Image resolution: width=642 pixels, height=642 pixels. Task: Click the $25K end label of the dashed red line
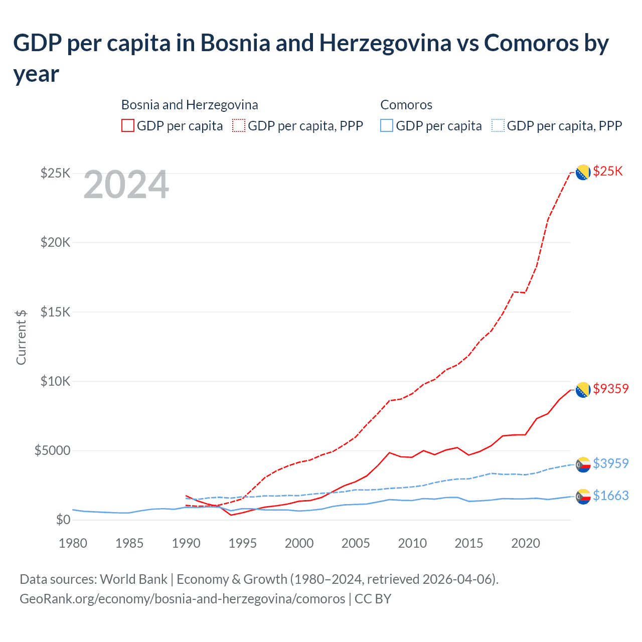point(607,171)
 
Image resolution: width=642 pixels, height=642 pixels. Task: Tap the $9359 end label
point(610,389)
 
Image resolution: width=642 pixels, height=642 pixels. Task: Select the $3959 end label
point(610,463)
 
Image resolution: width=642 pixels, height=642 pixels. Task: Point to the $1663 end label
point(610,496)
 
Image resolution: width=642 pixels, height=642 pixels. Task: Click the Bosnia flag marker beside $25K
point(583,172)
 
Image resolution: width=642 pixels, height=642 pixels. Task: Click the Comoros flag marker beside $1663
point(583,497)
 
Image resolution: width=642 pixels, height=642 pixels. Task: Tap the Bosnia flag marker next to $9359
point(583,390)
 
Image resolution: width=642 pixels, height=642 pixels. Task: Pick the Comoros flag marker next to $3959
point(583,465)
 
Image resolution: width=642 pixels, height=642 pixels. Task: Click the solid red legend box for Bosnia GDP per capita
point(128,126)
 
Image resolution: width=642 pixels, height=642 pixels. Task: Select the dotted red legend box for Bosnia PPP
point(239,126)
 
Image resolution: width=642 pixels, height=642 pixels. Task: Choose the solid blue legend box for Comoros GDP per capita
point(387,126)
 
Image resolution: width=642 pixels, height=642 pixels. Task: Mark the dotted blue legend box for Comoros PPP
point(498,126)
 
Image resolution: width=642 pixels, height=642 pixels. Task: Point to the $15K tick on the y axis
point(55,312)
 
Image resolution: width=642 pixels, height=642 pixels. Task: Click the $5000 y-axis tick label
point(52,450)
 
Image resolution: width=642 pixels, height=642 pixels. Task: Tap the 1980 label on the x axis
point(73,543)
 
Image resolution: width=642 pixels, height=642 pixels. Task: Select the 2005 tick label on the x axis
point(356,543)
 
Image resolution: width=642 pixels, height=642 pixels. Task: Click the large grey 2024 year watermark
point(126,185)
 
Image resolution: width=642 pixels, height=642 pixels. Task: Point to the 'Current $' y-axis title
point(21,337)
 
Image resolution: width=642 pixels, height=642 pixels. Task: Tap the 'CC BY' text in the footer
point(373,599)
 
